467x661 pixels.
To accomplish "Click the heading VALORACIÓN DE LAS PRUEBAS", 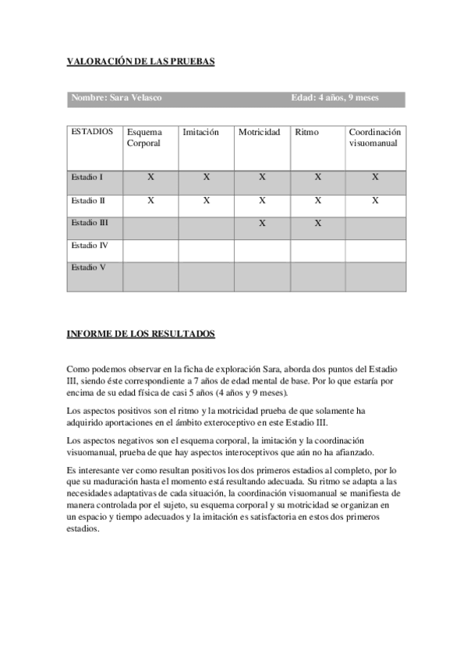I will [x=140, y=62].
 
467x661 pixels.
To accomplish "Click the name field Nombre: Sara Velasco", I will [x=117, y=98].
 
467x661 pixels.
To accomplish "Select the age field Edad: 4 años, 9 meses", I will [x=334, y=98].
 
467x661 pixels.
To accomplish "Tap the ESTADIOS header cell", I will [x=91, y=132].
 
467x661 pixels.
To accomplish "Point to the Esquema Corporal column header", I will [x=144, y=138].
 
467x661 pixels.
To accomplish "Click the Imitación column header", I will [x=200, y=133].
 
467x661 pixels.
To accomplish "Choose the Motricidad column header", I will [x=259, y=133].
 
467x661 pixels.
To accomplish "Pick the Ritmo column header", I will [x=307, y=133].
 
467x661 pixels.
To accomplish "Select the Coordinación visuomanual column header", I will [x=374, y=138].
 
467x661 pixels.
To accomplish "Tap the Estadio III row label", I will [x=90, y=223].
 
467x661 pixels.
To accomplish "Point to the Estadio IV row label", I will [x=90, y=246].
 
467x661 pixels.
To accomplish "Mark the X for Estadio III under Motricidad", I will [x=263, y=224].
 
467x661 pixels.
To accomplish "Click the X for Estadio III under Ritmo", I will [x=318, y=224].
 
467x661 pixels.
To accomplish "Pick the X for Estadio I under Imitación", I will [x=207, y=178].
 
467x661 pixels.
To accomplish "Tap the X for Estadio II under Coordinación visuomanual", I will [x=375, y=200].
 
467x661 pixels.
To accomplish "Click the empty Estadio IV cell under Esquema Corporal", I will [x=150, y=250].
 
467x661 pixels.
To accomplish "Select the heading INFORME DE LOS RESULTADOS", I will [x=141, y=334].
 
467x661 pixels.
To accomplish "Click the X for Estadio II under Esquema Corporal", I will [x=150, y=200].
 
